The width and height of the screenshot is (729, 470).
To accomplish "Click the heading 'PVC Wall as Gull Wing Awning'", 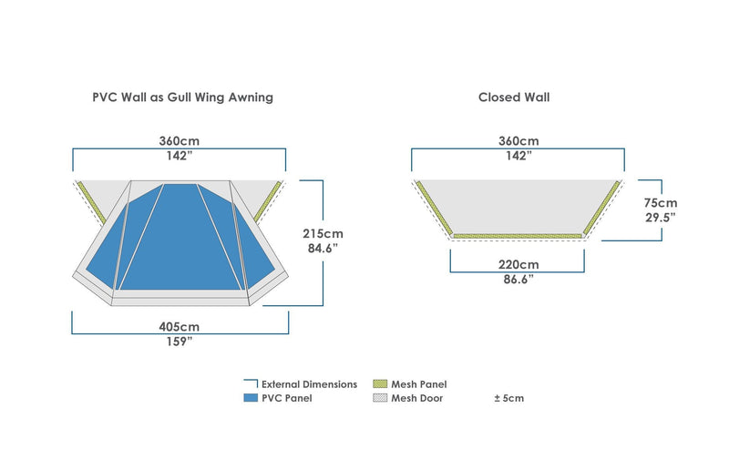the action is [x=183, y=97].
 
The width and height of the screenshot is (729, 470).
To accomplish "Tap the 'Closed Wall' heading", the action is [x=514, y=97].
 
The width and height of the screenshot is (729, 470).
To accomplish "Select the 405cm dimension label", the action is [x=179, y=327].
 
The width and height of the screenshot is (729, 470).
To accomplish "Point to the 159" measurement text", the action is [x=180, y=342].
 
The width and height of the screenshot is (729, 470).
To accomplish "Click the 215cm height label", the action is [x=323, y=233].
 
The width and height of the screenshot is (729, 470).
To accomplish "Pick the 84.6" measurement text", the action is [x=323, y=249].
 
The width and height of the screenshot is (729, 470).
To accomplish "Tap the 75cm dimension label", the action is [x=660, y=203].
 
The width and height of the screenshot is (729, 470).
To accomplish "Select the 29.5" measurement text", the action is [x=660, y=217].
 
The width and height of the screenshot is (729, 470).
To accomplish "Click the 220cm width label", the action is [x=519, y=264].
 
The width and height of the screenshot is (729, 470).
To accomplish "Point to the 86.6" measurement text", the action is [x=519, y=280].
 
